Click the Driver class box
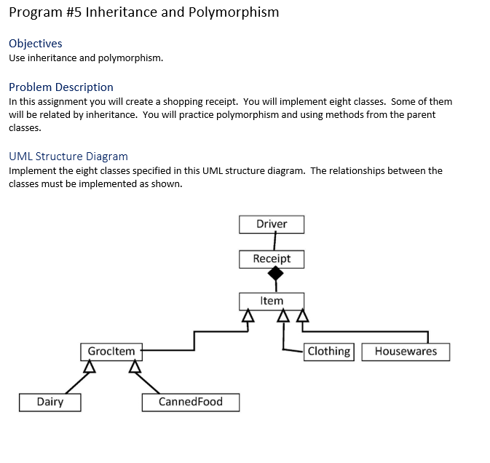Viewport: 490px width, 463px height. pos(272,224)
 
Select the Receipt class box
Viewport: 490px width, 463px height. pos(272,259)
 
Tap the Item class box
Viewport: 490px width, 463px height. pos(272,301)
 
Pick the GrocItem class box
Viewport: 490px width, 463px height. pos(111,352)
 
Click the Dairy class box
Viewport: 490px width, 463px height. pos(50,402)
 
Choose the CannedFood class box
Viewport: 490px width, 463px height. pos(191,402)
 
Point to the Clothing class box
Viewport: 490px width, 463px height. pos(329,352)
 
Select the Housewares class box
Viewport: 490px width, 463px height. pos(406,352)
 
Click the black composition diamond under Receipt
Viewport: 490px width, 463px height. pos(275,274)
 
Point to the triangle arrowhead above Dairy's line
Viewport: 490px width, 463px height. pos(90,366)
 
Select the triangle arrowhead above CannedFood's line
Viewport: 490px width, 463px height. pos(134,366)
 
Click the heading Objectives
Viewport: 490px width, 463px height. pos(36,44)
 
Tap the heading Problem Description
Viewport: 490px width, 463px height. pos(61,87)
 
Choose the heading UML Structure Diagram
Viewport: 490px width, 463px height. pos(68,157)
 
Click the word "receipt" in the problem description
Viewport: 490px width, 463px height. pos(221,102)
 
